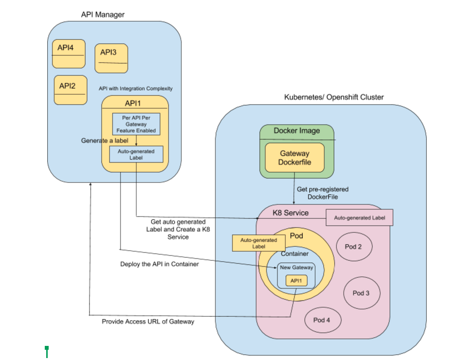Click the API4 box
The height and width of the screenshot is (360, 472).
pyautogui.click(x=69, y=54)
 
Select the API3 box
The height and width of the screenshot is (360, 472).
pyautogui.click(x=111, y=58)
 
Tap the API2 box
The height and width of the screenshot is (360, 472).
pyautogui.click(x=71, y=90)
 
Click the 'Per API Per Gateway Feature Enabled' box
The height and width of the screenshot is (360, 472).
pyautogui.click(x=136, y=124)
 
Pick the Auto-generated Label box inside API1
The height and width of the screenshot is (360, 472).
pyautogui.click(x=136, y=154)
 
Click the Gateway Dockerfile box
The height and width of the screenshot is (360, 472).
pyautogui.click(x=294, y=158)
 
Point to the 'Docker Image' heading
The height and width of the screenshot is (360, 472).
pyautogui.click(x=297, y=131)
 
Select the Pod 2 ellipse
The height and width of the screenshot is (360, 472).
pyautogui.click(x=353, y=247)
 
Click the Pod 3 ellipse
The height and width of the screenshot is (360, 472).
pyautogui.click(x=361, y=293)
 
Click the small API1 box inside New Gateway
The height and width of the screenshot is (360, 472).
pyautogui.click(x=296, y=281)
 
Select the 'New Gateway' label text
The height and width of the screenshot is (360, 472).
pyautogui.click(x=296, y=268)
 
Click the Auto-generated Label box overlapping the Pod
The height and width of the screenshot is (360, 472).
pyautogui.click(x=259, y=243)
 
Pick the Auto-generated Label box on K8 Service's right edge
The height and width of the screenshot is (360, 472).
pyautogui.click(x=359, y=218)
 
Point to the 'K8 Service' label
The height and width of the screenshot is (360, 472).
pyautogui.click(x=290, y=213)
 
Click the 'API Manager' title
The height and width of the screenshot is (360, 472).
pyautogui.click(x=103, y=15)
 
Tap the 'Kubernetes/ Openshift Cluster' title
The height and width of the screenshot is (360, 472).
pyautogui.click(x=334, y=97)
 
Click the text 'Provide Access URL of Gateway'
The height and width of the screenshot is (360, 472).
pyautogui.click(x=148, y=322)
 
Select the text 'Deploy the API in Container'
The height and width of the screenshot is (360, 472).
pyautogui.click(x=160, y=264)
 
